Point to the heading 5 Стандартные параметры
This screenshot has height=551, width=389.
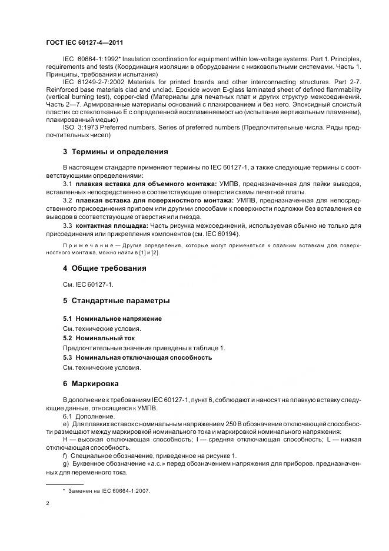pyautogui.click(x=116, y=301)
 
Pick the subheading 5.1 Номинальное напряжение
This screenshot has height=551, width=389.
pyautogui.click(x=112, y=318)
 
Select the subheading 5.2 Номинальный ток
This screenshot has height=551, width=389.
pyautogui.click(x=99, y=338)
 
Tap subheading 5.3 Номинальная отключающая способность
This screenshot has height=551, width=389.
pyautogui.click(x=137, y=357)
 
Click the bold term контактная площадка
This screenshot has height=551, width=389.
pyautogui.click(x=111, y=225)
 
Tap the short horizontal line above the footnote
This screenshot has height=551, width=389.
pyautogui.click(x=64, y=483)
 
